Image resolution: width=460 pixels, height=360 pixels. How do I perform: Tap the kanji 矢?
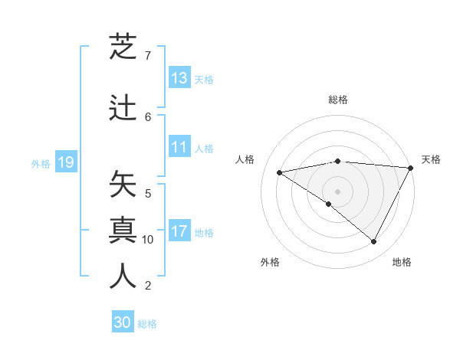[123, 185]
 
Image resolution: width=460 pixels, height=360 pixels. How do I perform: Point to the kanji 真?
[123, 231]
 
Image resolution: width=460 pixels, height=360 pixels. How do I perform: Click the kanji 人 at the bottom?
[123, 276]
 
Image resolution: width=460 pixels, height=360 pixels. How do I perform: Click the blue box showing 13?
[179, 78]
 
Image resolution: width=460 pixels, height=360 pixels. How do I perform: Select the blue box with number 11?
[179, 147]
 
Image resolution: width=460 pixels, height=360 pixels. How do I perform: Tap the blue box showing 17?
[179, 231]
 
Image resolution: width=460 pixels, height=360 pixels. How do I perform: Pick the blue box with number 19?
[65, 162]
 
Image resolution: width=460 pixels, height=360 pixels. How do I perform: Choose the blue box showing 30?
[123, 323]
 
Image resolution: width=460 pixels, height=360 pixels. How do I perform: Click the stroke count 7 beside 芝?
[148, 56]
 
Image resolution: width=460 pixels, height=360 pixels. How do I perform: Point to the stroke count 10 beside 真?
[148, 240]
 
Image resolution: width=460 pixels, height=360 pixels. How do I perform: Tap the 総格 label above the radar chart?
[338, 100]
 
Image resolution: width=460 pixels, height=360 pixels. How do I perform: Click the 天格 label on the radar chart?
[431, 159]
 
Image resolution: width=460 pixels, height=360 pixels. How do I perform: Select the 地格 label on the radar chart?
[402, 262]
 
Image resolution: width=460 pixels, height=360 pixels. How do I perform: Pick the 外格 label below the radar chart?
[270, 262]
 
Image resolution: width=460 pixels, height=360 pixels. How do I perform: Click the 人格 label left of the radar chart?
[245, 159]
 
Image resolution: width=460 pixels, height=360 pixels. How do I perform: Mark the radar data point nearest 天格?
[411, 168]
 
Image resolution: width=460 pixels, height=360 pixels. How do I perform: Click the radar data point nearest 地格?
[374, 242]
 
